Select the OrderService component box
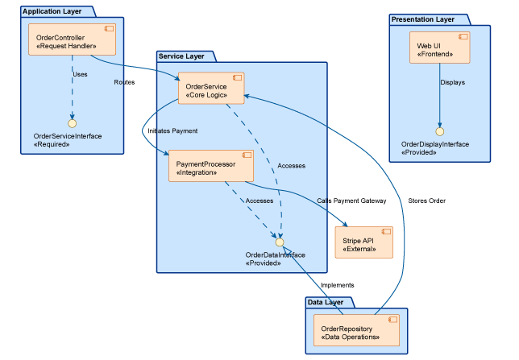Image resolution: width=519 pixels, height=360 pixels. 210,88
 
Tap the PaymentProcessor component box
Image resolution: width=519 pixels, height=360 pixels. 210,166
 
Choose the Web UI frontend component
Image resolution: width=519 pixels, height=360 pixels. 439,48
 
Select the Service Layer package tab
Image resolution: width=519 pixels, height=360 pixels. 186,56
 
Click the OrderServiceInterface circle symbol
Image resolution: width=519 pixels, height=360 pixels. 71,123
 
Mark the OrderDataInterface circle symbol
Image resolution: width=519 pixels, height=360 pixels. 279,242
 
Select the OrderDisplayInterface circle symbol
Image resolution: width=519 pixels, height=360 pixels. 439,130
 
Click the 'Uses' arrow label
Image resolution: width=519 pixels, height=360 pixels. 80,74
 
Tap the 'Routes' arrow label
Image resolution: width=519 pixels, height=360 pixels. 125,82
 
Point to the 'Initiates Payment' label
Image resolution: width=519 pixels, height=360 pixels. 172,130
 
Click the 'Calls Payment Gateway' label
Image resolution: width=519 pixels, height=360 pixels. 351,201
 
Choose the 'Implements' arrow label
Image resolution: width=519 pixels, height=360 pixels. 337,285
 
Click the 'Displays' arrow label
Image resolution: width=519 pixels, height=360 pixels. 452,82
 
